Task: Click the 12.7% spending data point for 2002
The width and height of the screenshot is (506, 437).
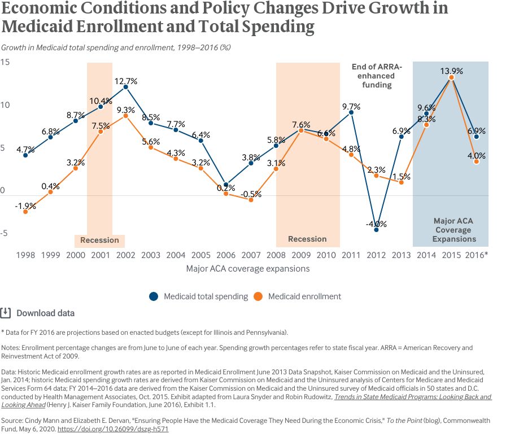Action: tap(125, 87)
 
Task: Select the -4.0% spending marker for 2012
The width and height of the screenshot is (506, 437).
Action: tap(376, 230)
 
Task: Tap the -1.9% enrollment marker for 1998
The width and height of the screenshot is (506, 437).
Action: tap(25, 212)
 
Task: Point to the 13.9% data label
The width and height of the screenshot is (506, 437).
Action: tap(452, 71)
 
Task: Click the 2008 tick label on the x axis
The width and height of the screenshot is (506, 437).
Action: tap(276, 255)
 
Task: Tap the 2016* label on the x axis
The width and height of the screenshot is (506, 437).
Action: tap(477, 255)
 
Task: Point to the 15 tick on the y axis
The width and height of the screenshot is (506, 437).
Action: tap(5, 62)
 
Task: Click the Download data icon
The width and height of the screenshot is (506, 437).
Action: tap(6, 313)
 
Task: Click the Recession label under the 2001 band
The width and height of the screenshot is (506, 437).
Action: tap(99, 240)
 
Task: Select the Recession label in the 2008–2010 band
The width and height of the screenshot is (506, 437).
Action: tap(307, 239)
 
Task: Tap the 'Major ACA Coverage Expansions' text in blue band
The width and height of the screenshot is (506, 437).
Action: tap(454, 230)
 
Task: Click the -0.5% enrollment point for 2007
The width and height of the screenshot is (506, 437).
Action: tap(251, 200)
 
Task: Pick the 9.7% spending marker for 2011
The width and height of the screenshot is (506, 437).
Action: tap(351, 112)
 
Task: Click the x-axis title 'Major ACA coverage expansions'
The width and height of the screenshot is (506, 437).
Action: tap(248, 269)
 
